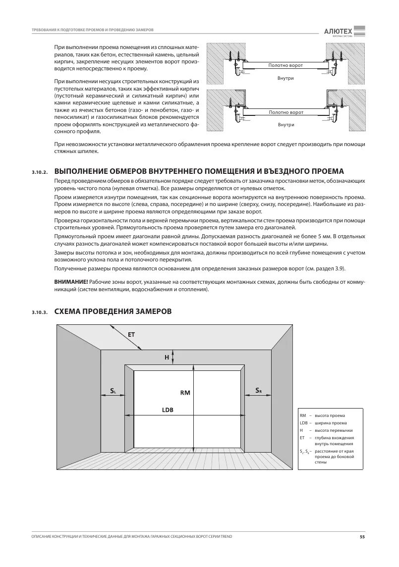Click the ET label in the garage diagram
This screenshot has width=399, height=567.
pos(131,334)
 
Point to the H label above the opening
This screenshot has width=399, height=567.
pos(167,357)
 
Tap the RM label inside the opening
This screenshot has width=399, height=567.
pos(185,393)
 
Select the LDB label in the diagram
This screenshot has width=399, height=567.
pos(168,410)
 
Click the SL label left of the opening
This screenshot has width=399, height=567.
pos(113,391)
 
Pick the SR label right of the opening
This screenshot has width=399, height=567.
pos(259,391)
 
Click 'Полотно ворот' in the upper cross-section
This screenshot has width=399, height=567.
pos(285,65)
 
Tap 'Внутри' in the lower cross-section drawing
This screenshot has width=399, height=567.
pos(286,125)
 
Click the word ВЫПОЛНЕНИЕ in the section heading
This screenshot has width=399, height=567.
pos(85,171)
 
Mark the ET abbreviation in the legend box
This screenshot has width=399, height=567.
pos(302,438)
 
